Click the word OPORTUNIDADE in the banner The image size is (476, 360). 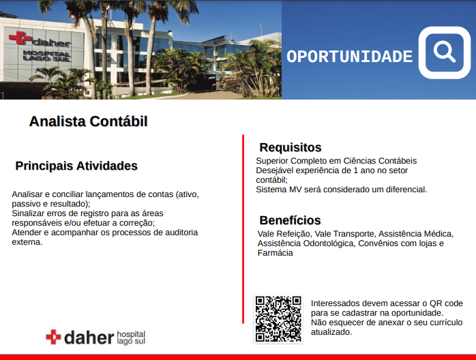pyautogui.click(x=349, y=57)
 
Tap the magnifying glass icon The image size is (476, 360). pyautogui.click(x=444, y=52)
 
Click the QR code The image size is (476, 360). pyautogui.click(x=278, y=319)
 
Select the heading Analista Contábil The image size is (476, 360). pyautogui.click(x=89, y=121)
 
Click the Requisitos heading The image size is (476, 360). pyautogui.click(x=291, y=147)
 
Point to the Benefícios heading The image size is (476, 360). pyautogui.click(x=290, y=220)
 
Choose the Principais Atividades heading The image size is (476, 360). pyautogui.click(x=76, y=166)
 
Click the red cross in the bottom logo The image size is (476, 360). pyautogui.click(x=53, y=337)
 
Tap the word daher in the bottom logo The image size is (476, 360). pyautogui.click(x=89, y=337)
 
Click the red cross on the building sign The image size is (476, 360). pyautogui.click(x=20, y=37)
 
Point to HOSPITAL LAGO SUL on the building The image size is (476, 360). pyautogui.click(x=47, y=55)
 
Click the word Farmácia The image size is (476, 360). pyautogui.click(x=276, y=253)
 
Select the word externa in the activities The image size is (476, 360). pyautogui.click(x=27, y=242)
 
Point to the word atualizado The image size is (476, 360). pyautogui.click(x=331, y=332)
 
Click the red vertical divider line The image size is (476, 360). pyautogui.click(x=243, y=229)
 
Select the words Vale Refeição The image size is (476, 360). pyautogui.click(x=284, y=234)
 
